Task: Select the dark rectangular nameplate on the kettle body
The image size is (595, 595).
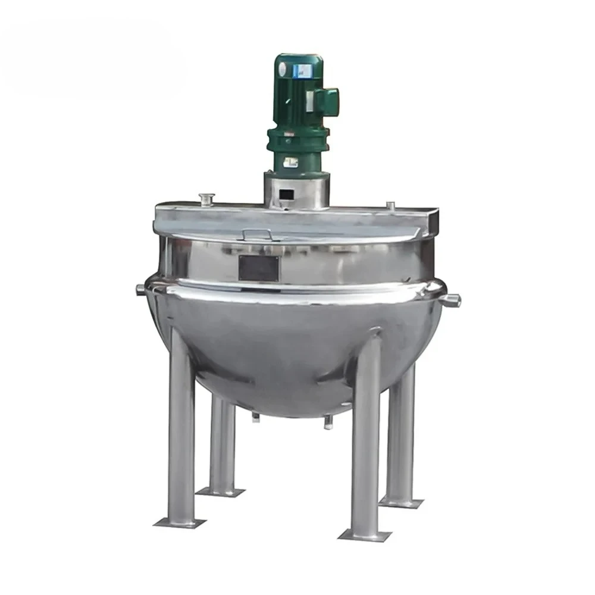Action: (258, 268)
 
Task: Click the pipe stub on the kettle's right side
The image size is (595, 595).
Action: (455, 299)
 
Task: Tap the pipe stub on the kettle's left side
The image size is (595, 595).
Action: (139, 289)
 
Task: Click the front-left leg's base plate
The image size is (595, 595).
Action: (179, 522)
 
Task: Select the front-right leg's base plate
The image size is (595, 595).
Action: (365, 534)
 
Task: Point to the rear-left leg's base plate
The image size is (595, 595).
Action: (221, 491)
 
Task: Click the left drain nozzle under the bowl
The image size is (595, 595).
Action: (256, 418)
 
